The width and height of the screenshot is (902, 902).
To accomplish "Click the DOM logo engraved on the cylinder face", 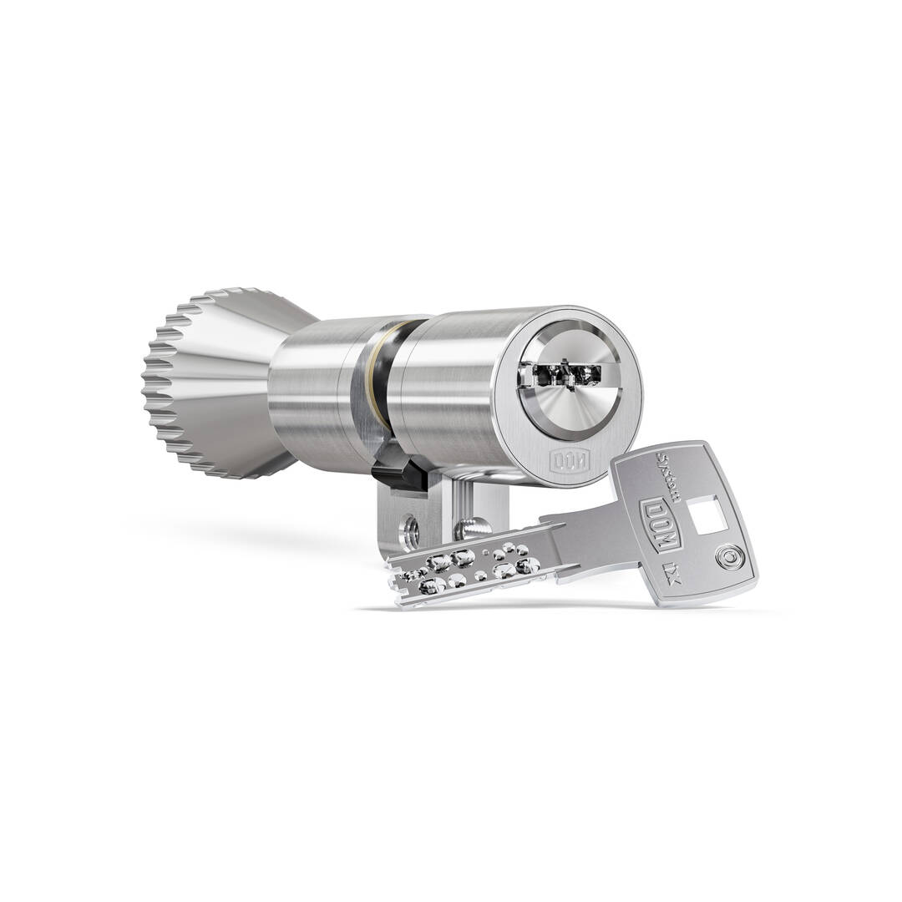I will pos(568,459).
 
